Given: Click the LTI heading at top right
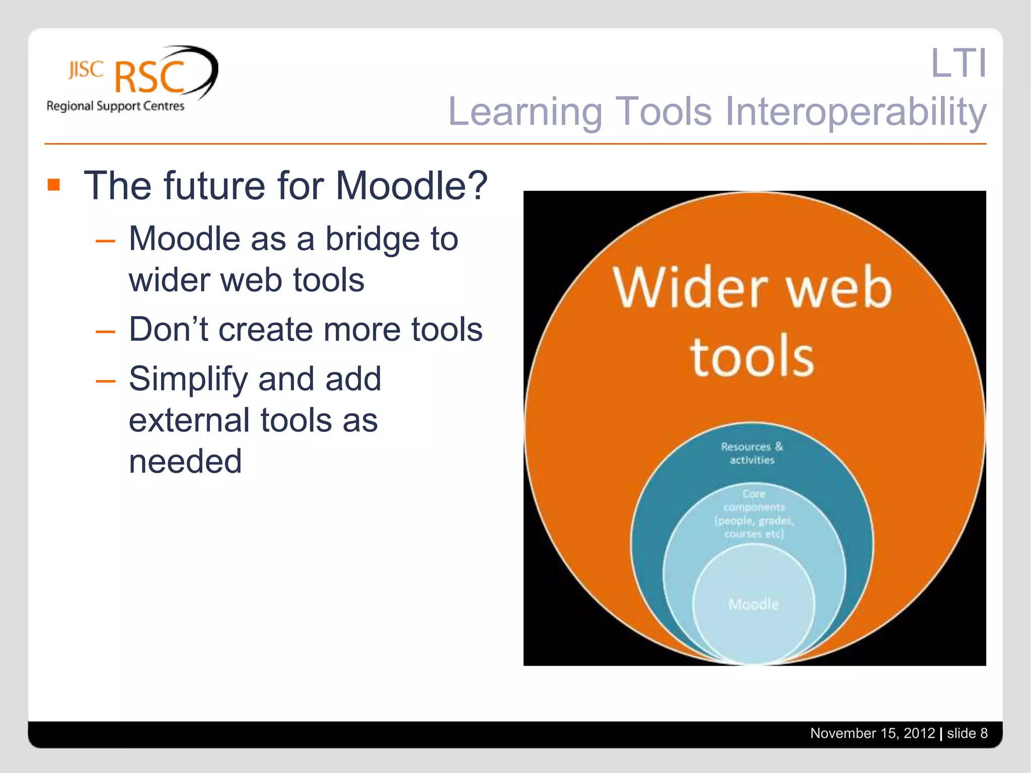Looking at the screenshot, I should [x=958, y=63].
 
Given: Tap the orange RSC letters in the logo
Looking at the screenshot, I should [x=150, y=78].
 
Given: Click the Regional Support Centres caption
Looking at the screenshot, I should [x=115, y=106].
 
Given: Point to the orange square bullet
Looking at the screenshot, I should [x=54, y=185].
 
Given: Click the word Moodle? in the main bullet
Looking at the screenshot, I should [x=411, y=186].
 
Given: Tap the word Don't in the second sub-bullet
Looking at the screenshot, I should [x=168, y=330].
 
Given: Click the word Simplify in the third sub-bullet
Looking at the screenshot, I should [x=188, y=379].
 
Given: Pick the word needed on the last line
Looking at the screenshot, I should [x=185, y=461].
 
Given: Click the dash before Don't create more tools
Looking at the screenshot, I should [x=105, y=332].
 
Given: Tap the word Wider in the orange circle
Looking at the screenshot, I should [x=690, y=288].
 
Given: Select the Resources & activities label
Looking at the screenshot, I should [x=752, y=453].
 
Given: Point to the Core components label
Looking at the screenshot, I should [x=754, y=513].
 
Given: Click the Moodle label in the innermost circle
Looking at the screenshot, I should [x=754, y=604].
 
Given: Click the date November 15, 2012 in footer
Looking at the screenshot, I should [x=872, y=733].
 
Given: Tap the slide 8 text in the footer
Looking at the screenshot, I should [x=967, y=733].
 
